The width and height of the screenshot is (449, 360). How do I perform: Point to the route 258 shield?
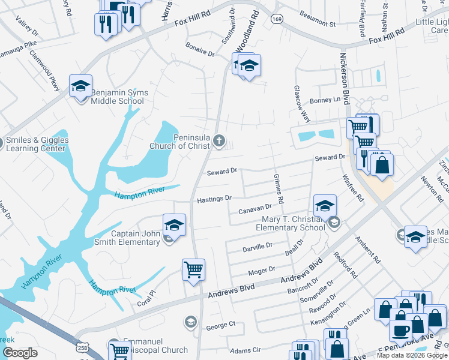pyautogui.click(x=82, y=348)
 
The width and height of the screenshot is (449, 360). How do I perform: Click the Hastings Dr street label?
pyautogui.click(x=214, y=199)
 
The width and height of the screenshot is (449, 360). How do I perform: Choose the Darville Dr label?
pyautogui.click(x=258, y=246)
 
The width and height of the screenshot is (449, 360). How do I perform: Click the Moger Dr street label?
pyautogui.click(x=262, y=271)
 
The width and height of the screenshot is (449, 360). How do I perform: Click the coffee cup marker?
pyautogui.click(x=400, y=330)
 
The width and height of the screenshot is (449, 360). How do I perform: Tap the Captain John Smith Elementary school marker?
pyautogui.click(x=174, y=226)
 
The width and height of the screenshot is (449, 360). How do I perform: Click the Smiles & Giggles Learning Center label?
pyautogui.click(x=37, y=145)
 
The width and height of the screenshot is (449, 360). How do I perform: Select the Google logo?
pyautogui.click(x=20, y=353)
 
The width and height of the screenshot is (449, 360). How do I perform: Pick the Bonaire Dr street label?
pyautogui.click(x=200, y=53)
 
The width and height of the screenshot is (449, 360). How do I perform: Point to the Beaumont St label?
pyautogui.click(x=318, y=24)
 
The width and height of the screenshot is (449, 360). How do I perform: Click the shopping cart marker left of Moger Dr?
pyautogui.click(x=193, y=270)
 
